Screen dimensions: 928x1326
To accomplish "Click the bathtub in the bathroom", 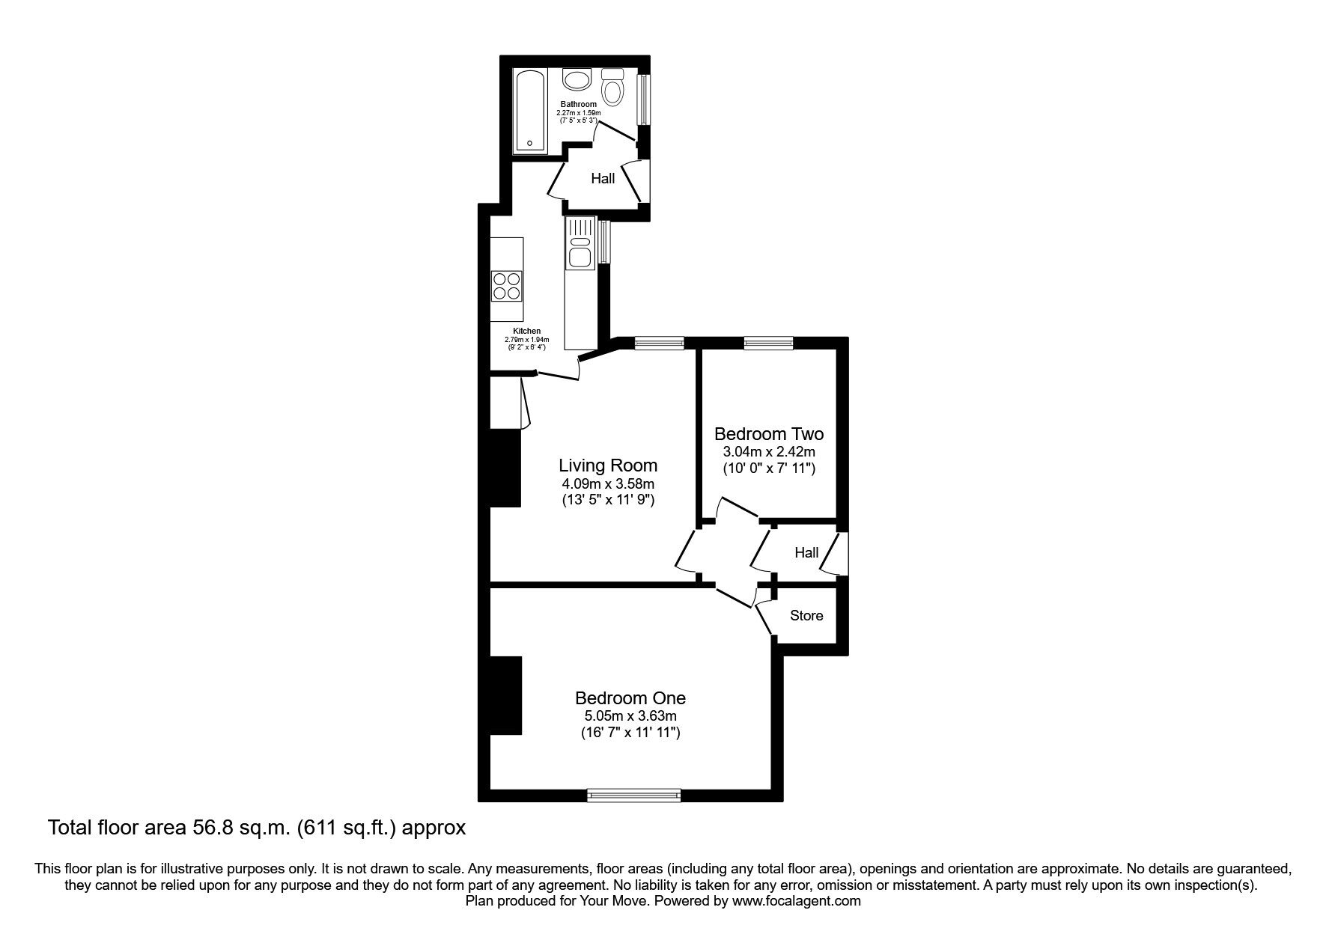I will tap(531, 112).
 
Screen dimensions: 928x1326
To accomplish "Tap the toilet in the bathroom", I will tap(613, 88).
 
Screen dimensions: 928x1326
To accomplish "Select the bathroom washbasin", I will tap(577, 79).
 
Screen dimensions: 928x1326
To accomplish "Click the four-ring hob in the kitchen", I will tap(506, 285).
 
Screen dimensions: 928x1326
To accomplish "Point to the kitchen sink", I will tap(580, 250).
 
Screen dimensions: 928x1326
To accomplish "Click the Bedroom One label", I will tap(630, 698).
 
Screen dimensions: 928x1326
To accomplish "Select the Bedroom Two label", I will tap(768, 434).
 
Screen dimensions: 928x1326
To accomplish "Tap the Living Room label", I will tap(608, 465).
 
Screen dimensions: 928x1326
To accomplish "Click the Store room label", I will tap(806, 616).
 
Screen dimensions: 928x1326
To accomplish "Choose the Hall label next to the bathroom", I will tap(603, 178).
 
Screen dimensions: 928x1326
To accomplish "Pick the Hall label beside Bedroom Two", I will tap(806, 553).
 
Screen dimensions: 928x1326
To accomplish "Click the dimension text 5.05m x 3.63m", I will tap(630, 716).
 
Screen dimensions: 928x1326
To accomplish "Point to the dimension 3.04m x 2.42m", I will tap(768, 452).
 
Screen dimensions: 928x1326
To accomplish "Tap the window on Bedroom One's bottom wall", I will tap(634, 795).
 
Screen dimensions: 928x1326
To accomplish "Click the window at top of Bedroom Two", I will tap(768, 343).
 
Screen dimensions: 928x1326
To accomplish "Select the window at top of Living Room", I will tap(659, 343).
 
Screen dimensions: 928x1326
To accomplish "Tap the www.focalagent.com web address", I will tap(796, 901).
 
